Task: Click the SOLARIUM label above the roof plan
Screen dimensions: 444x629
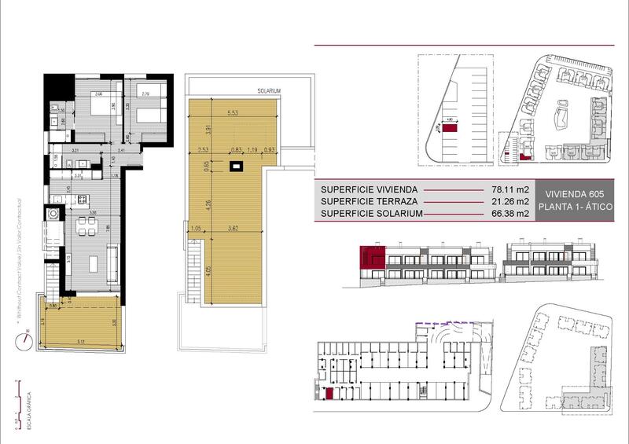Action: coord(268,90)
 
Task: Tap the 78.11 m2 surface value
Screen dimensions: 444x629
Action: coord(509,189)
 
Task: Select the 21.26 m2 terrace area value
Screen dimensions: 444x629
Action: coord(509,202)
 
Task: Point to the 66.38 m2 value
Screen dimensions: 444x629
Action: coord(509,214)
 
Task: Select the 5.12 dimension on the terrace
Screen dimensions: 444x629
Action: coord(82,340)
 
